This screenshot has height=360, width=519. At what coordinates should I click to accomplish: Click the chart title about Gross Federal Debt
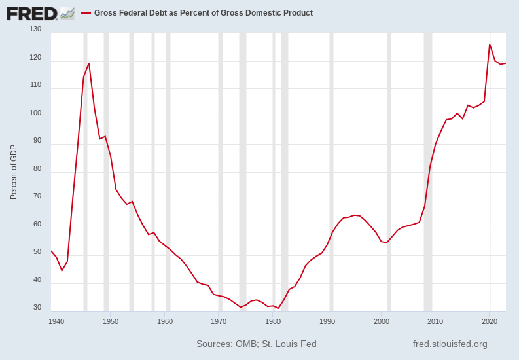[203, 13]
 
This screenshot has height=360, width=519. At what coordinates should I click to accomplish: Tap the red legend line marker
[85, 13]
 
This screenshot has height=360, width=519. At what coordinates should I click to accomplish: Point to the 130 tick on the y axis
[35, 29]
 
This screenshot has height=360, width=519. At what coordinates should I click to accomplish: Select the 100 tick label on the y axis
[35, 113]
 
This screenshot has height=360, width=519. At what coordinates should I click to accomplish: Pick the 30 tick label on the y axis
[37, 308]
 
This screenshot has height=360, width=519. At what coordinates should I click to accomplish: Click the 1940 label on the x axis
[56, 321]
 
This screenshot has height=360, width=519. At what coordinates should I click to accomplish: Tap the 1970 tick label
[219, 321]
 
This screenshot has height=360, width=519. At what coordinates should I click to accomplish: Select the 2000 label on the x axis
[382, 321]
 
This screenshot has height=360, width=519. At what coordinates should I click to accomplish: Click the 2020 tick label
[490, 321]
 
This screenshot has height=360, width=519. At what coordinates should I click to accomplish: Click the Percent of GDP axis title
[14, 172]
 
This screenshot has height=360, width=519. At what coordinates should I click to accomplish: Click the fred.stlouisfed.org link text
[450, 344]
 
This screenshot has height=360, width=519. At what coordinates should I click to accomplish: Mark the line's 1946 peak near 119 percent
[89, 63]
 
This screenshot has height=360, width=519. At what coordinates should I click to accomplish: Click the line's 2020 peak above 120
[490, 45]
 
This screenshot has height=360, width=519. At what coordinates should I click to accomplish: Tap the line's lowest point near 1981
[278, 308]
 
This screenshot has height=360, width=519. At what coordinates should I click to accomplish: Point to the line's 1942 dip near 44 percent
[62, 270]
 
